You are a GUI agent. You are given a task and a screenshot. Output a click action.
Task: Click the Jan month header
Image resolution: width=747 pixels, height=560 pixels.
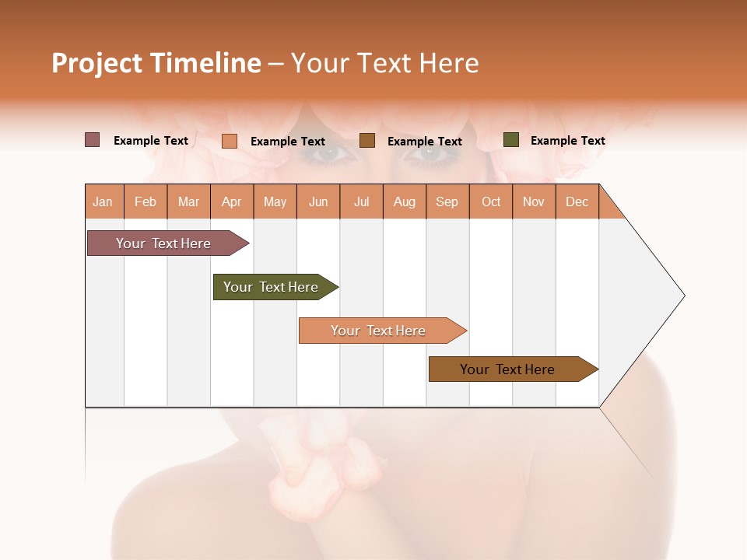103,201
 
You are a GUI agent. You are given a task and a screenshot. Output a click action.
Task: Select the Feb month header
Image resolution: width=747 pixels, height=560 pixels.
146,201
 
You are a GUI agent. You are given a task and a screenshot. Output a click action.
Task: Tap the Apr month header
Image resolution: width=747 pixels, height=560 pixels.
232,201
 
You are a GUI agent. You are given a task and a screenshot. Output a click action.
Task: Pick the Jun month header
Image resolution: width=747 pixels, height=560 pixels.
318,201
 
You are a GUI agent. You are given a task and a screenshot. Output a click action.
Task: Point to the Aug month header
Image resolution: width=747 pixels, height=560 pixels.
405,201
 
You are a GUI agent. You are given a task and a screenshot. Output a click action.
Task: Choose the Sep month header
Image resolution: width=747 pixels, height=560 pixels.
447,201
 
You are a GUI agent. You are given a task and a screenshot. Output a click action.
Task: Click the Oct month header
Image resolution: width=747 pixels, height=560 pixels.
491,201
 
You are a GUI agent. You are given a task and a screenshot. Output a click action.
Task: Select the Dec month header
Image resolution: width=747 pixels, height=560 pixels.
577,201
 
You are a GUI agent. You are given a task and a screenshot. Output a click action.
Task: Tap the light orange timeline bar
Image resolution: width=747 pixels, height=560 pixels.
380,331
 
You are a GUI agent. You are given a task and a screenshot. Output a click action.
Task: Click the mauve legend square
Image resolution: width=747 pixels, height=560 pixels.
92,140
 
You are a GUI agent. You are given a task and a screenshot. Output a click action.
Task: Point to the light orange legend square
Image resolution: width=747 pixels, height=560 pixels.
229,141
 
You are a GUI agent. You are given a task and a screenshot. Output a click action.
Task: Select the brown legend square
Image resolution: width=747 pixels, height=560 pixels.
367,141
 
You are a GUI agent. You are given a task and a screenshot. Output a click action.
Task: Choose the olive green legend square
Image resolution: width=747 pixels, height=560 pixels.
510,140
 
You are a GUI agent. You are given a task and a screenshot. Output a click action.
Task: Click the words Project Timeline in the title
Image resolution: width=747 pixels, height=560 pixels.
156,63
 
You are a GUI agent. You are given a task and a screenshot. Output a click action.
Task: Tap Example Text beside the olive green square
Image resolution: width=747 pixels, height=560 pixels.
567,141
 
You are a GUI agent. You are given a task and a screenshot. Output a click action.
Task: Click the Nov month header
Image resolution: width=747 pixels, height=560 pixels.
534,201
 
